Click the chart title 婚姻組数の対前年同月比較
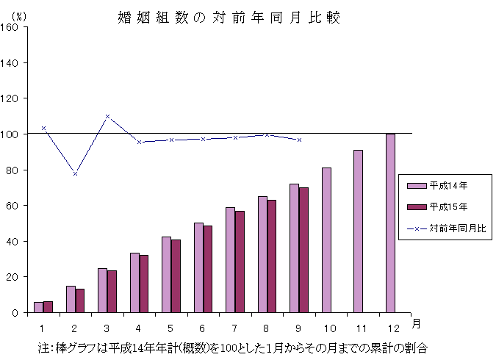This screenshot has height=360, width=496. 229,18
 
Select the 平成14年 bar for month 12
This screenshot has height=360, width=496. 390,223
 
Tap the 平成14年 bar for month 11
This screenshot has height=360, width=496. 358,231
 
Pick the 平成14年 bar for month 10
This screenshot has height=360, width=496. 326,240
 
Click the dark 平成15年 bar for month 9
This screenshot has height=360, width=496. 303,250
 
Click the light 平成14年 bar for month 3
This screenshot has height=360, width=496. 102,290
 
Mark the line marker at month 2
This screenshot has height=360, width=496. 75,174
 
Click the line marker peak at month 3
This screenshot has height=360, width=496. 107,116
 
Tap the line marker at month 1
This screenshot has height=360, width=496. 43,128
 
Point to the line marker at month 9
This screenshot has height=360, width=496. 299,140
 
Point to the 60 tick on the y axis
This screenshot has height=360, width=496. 15,206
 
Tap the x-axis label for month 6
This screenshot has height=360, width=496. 203,325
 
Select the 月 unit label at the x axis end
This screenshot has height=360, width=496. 416,323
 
